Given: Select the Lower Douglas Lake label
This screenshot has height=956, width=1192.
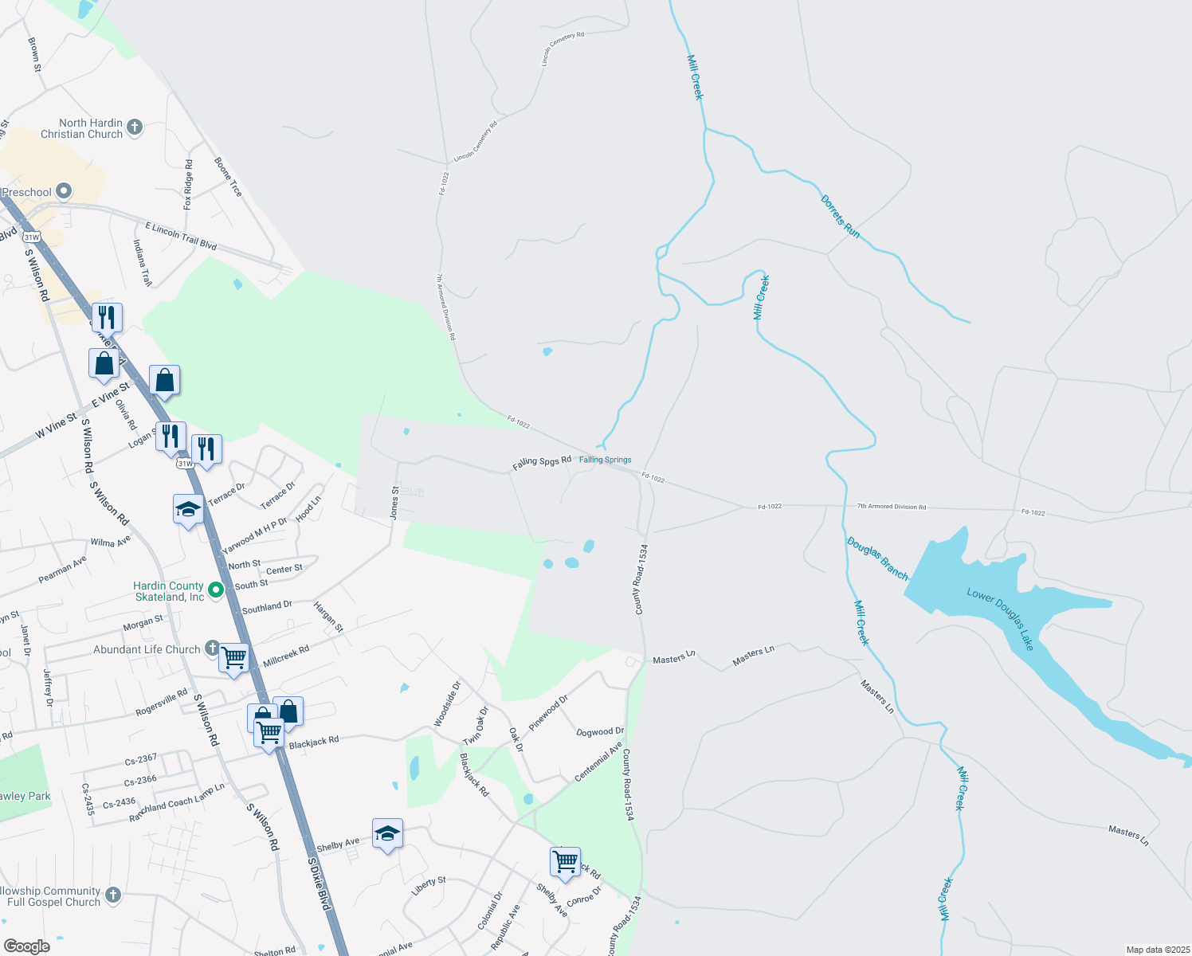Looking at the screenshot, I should point(1001,619).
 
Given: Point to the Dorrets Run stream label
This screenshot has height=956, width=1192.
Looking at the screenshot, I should point(841,216).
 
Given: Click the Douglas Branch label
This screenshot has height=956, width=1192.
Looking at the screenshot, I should point(877,558).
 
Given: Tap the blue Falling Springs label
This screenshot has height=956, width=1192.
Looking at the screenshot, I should point(605,460).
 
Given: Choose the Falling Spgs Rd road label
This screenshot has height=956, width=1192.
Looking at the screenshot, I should point(542,462).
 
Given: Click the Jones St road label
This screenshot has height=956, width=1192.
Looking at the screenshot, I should point(394,503).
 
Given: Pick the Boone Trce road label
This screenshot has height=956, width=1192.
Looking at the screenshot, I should point(228,177).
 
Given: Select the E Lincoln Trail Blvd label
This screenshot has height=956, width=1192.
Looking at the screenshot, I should point(181,236).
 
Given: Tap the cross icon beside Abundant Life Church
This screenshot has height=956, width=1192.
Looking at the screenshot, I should point(211,648).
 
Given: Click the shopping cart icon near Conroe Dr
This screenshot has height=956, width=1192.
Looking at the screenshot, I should point(565,861).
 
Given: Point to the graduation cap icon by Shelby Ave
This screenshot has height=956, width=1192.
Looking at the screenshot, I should point(387,833).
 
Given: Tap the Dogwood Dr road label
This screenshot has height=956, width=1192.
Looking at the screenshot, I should point(600,731).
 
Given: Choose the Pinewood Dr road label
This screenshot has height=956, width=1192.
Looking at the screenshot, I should point(549,712).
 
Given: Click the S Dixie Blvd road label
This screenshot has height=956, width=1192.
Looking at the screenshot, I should point(319,884).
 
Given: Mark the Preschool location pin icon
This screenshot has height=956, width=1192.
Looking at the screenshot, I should point(64,191).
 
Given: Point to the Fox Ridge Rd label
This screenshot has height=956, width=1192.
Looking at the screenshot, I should point(188,185).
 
